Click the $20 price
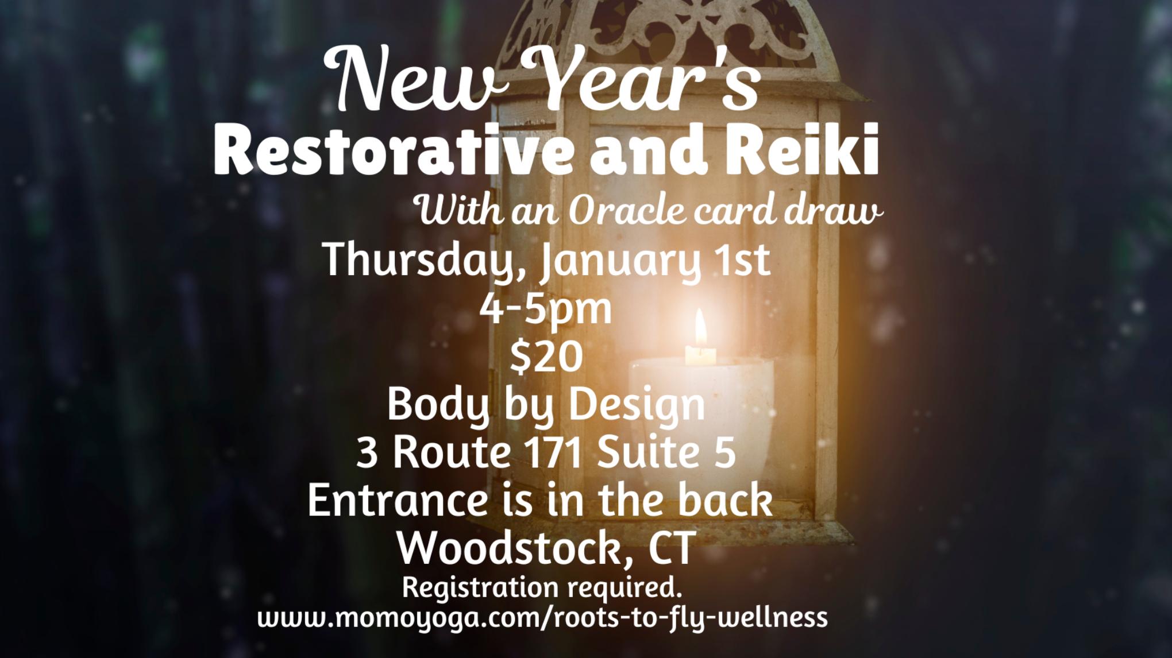546,357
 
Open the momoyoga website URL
543,618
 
